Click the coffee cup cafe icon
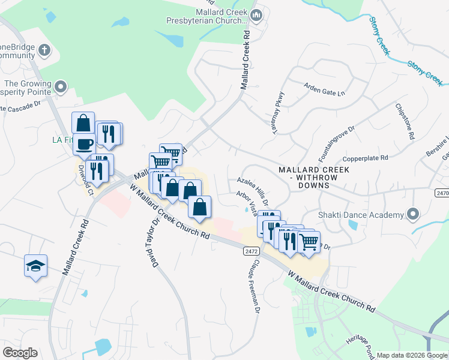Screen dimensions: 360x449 click(x=84, y=144)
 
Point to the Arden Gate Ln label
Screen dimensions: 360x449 click(x=325, y=89)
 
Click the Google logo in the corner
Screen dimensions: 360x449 click(x=20, y=352)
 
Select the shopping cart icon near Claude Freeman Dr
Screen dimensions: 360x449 click(x=309, y=242)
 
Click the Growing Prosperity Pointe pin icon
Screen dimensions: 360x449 click(x=61, y=88)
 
